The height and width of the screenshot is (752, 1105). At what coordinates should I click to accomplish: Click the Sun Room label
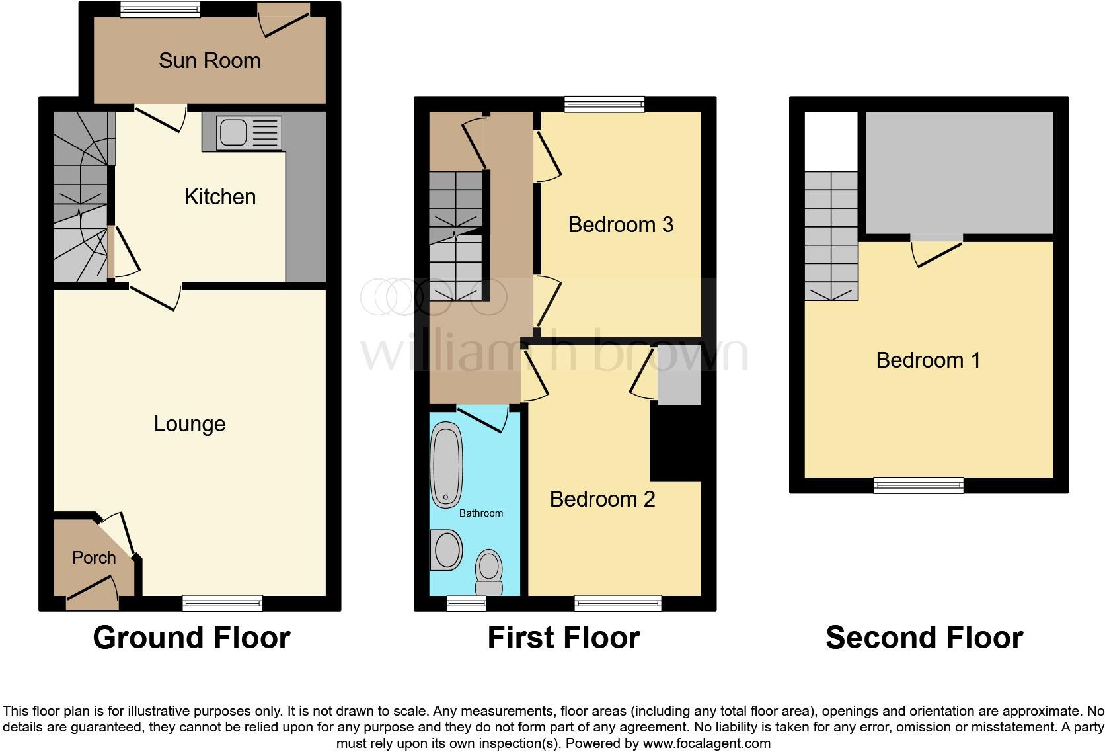click(x=210, y=61)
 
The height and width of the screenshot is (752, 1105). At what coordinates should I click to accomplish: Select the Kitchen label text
click(x=220, y=197)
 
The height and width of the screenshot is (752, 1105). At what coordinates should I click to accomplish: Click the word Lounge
click(x=190, y=424)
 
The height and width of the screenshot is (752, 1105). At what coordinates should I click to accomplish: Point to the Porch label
click(x=94, y=558)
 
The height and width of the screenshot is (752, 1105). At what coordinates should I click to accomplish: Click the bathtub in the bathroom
click(x=446, y=465)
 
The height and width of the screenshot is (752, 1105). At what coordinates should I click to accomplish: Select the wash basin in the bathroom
click(x=446, y=550)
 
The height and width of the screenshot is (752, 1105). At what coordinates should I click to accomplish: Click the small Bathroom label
click(x=481, y=513)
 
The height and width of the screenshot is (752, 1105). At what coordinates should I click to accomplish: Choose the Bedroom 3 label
click(x=621, y=225)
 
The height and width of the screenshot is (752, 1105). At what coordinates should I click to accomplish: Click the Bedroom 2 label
click(x=602, y=499)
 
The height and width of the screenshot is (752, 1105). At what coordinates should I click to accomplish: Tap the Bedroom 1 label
click(x=928, y=360)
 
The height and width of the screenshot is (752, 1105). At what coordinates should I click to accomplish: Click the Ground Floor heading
click(x=192, y=638)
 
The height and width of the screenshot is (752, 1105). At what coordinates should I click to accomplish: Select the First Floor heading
click(x=564, y=638)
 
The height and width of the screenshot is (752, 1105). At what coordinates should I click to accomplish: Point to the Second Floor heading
click(x=924, y=638)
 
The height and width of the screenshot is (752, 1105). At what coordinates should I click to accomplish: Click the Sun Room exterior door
click(x=284, y=19)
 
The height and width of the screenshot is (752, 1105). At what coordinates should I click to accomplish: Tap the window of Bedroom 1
click(x=918, y=485)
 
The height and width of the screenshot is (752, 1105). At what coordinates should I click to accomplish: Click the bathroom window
click(x=467, y=603)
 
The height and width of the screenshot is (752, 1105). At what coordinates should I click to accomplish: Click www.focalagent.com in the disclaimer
click(x=706, y=743)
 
